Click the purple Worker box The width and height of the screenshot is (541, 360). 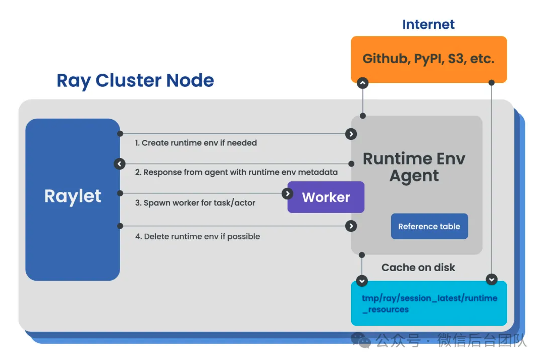(x=326, y=197)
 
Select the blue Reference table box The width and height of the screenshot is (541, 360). (x=429, y=227)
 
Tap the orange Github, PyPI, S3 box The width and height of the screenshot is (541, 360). (x=428, y=59)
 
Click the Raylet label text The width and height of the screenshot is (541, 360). (x=73, y=196)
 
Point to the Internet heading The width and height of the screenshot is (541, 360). (x=428, y=24)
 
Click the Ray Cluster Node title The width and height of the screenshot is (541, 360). (x=135, y=80)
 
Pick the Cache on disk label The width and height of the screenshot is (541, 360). (x=418, y=268)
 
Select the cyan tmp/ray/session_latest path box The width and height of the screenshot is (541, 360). (x=429, y=303)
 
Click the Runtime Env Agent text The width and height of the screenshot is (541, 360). (x=414, y=167)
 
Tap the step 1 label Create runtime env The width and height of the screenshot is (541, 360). (x=196, y=143)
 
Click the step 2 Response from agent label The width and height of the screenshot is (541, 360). (x=236, y=172)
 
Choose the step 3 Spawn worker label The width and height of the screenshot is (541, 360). (x=195, y=203)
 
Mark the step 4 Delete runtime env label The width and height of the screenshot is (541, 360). (x=197, y=236)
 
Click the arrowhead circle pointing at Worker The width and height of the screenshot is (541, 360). (x=287, y=193)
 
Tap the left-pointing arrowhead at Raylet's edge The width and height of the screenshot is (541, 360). (x=120, y=164)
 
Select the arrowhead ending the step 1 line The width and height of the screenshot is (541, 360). (x=351, y=134)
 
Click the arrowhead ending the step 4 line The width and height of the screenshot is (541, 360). (x=351, y=226)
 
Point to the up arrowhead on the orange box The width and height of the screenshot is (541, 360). (x=362, y=83)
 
